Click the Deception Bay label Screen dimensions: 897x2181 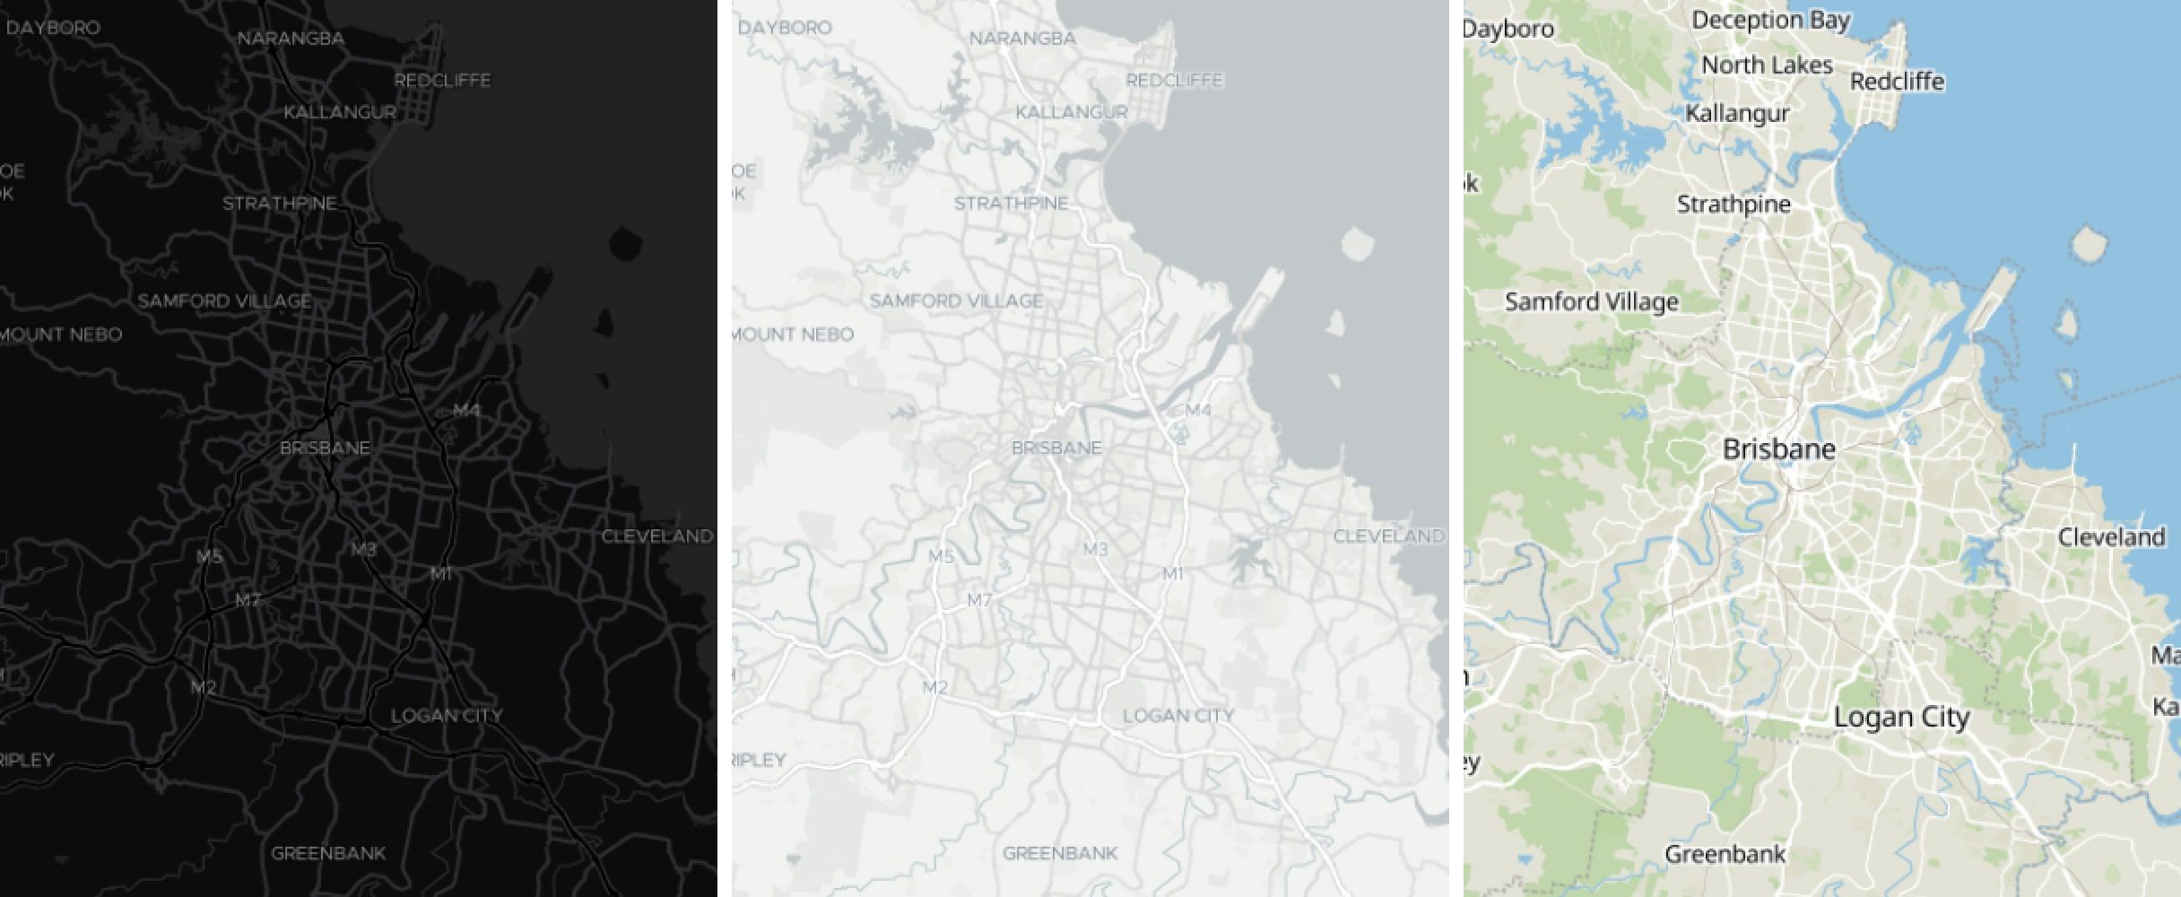pos(1770,20)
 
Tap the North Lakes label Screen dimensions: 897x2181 pos(1767,65)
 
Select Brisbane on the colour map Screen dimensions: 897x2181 pos(1779,449)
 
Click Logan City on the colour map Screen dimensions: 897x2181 pos(1901,717)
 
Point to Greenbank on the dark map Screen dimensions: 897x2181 pos(328,852)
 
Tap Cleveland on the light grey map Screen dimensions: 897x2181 pos(1388,536)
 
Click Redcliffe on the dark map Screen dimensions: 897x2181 pos(442,81)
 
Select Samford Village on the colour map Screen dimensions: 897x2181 pos(1591,301)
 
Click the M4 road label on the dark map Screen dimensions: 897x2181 pos(466,411)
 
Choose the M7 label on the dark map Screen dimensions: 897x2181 pos(248,600)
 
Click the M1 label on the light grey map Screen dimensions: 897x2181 pos(1173,573)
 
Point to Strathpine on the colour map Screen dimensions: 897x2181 pos(1734,205)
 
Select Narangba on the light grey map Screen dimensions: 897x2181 pos(1022,39)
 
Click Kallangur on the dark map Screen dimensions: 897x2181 pos(340,113)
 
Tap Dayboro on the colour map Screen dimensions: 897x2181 pos(1510,30)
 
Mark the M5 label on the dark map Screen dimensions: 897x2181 pos(209,557)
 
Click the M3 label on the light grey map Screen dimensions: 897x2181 pos(1096,549)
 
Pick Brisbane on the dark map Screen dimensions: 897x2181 pos(325,448)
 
